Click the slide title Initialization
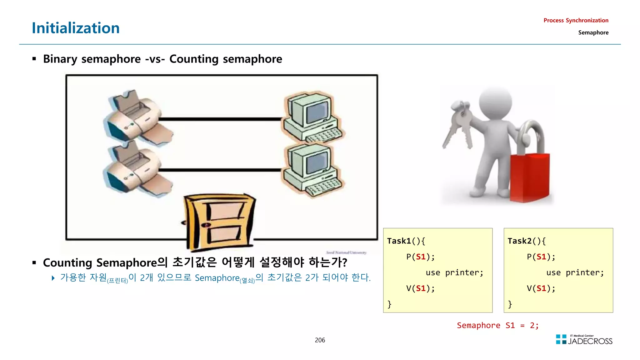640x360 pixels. (76, 28)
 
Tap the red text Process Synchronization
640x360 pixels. (576, 21)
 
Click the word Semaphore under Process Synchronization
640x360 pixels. (593, 32)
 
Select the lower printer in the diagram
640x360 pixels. (137, 169)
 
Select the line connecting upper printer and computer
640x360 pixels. (220, 119)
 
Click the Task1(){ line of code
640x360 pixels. (406, 241)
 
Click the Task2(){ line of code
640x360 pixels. (527, 241)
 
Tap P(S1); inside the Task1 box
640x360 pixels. (420, 257)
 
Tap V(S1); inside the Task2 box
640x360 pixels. (541, 288)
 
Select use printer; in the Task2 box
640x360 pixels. (575, 273)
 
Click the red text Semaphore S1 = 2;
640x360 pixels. (497, 325)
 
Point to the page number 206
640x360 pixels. (320, 340)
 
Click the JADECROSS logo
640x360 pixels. (584, 340)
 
